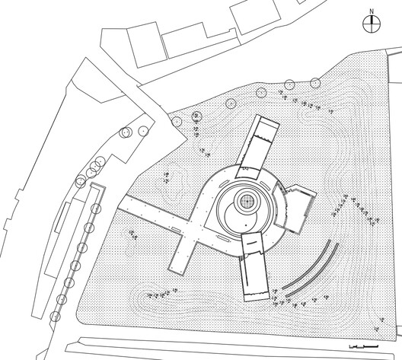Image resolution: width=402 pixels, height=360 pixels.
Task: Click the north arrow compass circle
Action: pos(371,24)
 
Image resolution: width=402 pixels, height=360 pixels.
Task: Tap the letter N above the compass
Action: pos(371,11)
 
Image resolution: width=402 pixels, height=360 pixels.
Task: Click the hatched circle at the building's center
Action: pos(247,202)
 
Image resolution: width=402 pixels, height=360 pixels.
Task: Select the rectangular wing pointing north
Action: pos(260,142)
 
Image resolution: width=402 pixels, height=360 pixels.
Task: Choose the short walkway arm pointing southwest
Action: pos(185,255)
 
